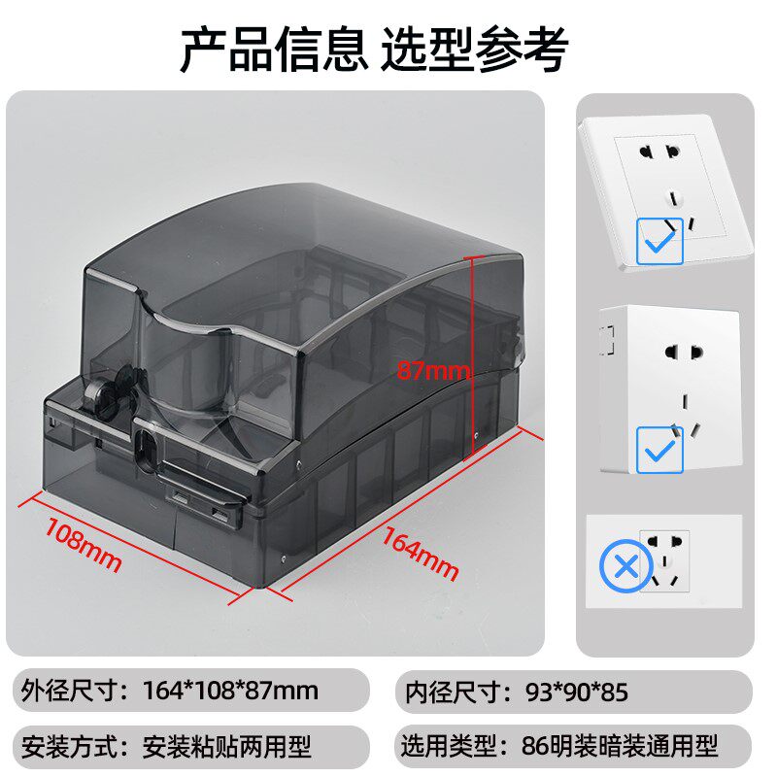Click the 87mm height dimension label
click(x=431, y=370)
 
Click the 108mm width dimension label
click(x=84, y=545)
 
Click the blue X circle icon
click(x=622, y=567)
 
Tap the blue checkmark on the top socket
click(x=659, y=241)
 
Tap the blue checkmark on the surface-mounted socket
click(x=659, y=450)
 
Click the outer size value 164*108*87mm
click(x=230, y=692)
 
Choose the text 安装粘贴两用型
click(x=226, y=747)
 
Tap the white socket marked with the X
click(x=665, y=561)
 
